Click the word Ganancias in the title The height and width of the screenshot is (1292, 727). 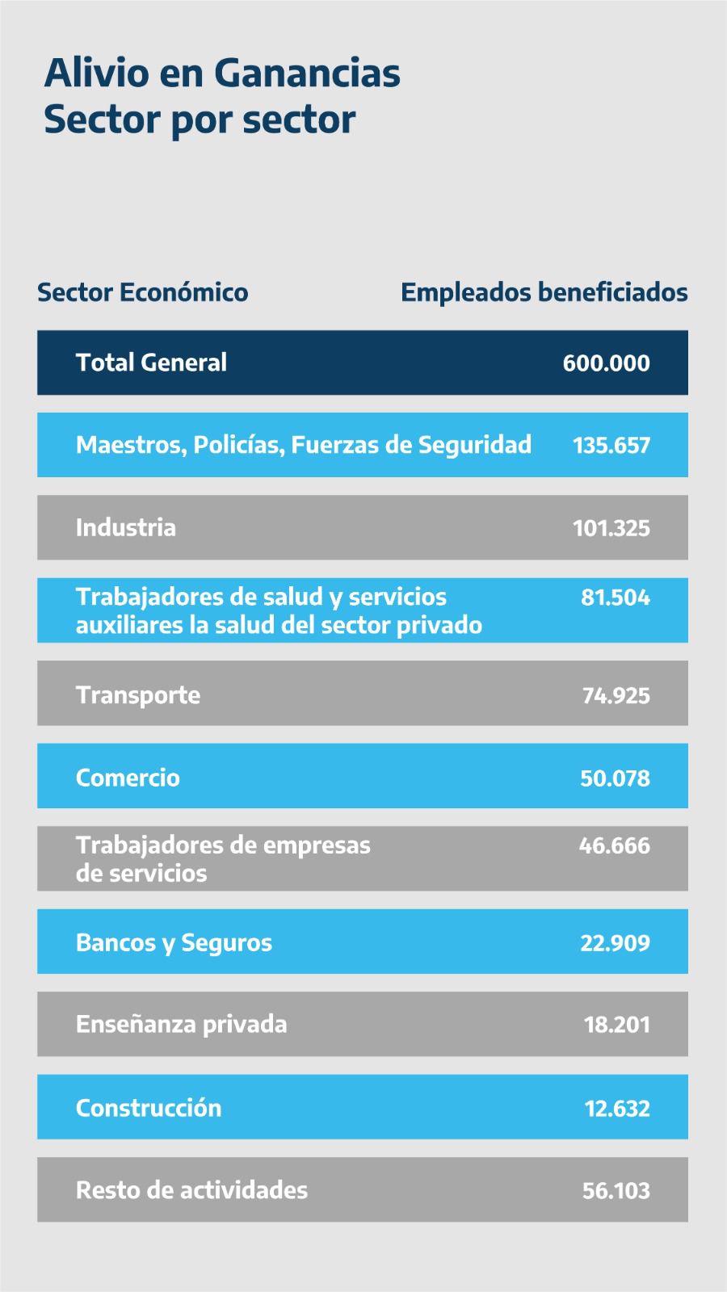pyautogui.click(x=308, y=73)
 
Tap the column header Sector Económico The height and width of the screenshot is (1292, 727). pyautogui.click(x=143, y=292)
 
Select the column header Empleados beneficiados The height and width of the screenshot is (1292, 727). pyautogui.click(x=544, y=292)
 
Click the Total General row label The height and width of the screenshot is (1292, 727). pyautogui.click(x=151, y=363)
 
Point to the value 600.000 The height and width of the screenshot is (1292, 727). pyautogui.click(x=606, y=363)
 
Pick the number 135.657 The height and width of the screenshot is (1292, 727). pyautogui.click(x=611, y=446)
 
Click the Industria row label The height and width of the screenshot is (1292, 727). pyautogui.click(x=125, y=528)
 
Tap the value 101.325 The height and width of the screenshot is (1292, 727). pyautogui.click(x=611, y=528)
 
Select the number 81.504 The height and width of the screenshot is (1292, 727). pyautogui.click(x=615, y=598)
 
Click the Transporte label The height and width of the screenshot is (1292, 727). pyautogui.click(x=138, y=695)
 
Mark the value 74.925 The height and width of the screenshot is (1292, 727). pyautogui.click(x=616, y=696)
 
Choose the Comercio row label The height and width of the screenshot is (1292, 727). pyautogui.click(x=128, y=778)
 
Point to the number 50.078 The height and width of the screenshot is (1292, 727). pyautogui.click(x=615, y=778)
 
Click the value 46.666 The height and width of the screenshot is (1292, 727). pyautogui.click(x=614, y=846)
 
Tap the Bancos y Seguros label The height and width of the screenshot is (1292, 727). pyautogui.click(x=174, y=943)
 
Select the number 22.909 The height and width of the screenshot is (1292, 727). pyautogui.click(x=615, y=943)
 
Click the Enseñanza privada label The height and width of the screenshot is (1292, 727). pyautogui.click(x=181, y=1025)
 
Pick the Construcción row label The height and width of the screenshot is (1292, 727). pyautogui.click(x=149, y=1108)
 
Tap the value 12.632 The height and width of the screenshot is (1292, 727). pyautogui.click(x=616, y=1109)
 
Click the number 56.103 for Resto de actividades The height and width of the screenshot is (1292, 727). pyautogui.click(x=616, y=1191)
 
